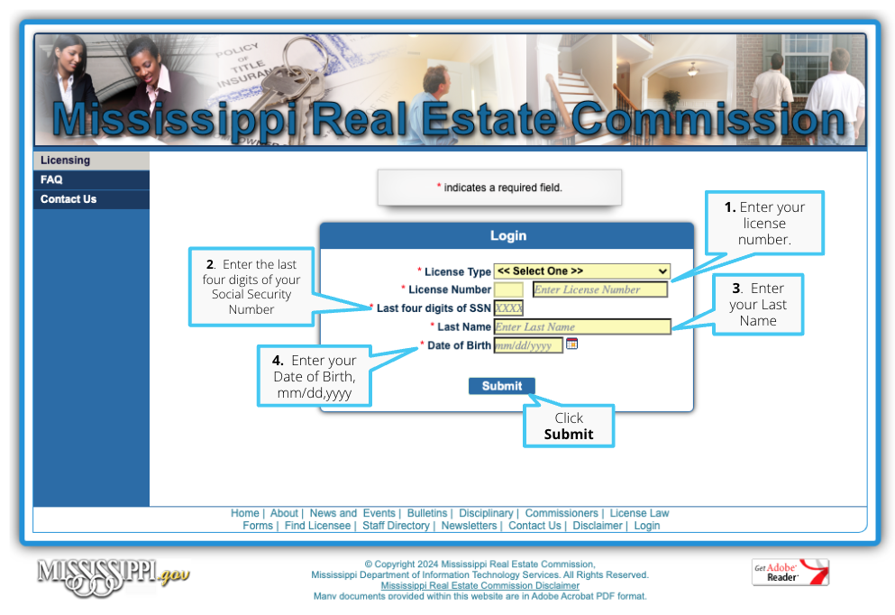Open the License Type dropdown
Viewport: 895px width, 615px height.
click(581, 271)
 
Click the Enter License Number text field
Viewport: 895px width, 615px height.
click(600, 289)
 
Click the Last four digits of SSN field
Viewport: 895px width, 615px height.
click(508, 308)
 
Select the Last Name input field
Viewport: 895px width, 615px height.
click(581, 326)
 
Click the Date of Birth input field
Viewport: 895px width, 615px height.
click(528, 345)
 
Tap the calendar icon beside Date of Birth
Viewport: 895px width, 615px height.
click(571, 344)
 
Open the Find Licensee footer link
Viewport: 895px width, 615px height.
click(317, 526)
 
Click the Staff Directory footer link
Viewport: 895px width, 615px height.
click(396, 526)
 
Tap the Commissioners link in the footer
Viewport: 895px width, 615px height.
click(562, 513)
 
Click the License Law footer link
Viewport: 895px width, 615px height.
click(639, 513)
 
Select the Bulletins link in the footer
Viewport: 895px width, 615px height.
click(427, 513)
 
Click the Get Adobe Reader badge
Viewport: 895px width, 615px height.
click(790, 573)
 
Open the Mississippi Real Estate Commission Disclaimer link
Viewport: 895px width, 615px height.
click(480, 585)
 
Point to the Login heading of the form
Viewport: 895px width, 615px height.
click(508, 236)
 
